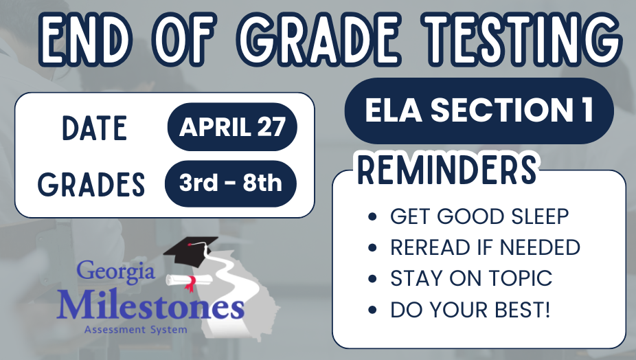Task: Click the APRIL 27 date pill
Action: coord(231,127)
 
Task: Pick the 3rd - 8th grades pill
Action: coord(231,183)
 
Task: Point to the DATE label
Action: coord(94,128)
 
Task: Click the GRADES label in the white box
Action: coord(91,184)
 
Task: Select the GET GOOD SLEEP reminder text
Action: coord(479,216)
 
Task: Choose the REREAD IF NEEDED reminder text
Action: coord(485,247)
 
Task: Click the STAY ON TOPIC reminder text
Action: coord(471,278)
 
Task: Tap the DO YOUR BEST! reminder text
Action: coord(470,309)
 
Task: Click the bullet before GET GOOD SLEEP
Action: coord(372,217)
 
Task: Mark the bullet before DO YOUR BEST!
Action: coord(372,310)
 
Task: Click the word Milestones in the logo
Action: coord(150,306)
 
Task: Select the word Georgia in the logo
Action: coord(115,271)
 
